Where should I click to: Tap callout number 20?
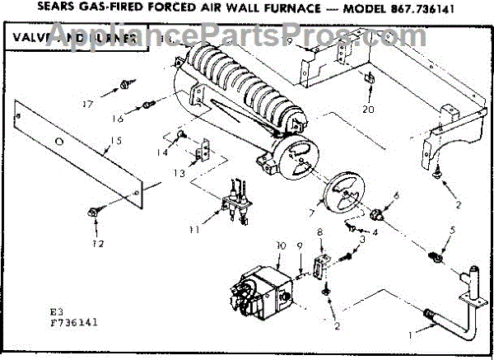(368, 110)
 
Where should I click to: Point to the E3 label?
(55, 312)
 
